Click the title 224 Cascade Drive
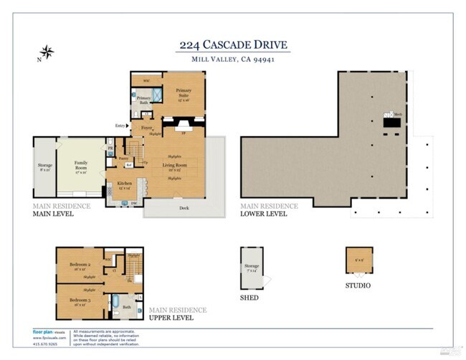tap(234, 45)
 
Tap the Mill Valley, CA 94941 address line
tap(234, 60)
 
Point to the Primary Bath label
tap(144, 100)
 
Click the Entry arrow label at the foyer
tap(123, 126)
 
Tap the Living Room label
tap(174, 167)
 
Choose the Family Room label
tap(81, 170)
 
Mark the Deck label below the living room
tap(184, 209)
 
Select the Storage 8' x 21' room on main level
tap(44, 168)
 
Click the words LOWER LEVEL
tap(263, 214)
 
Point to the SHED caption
tap(249, 298)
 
